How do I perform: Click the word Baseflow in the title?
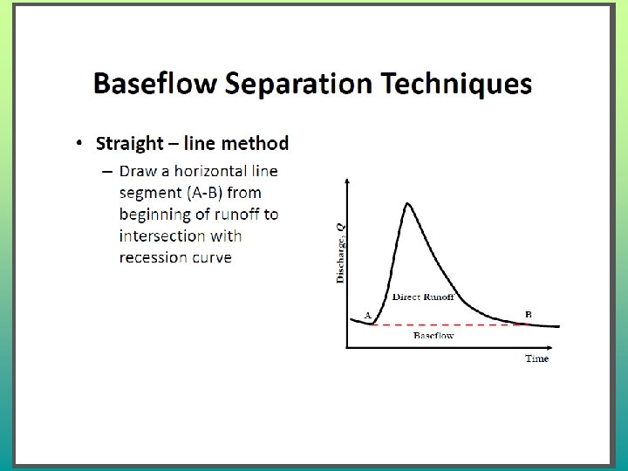(155, 83)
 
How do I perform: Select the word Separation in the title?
(299, 85)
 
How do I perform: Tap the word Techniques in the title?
(456, 84)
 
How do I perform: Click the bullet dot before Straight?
(79, 143)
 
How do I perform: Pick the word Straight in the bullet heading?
(130, 144)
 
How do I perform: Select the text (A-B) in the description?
(204, 193)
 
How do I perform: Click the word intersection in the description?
(162, 235)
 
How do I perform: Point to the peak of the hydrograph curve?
(407, 203)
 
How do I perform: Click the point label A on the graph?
(368, 315)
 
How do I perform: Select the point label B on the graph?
(529, 314)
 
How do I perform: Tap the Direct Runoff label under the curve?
(423, 297)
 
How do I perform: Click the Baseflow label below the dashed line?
(433, 335)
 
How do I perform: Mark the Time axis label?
(536, 358)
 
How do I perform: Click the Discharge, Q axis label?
(340, 254)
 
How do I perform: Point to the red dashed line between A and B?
(448, 324)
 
